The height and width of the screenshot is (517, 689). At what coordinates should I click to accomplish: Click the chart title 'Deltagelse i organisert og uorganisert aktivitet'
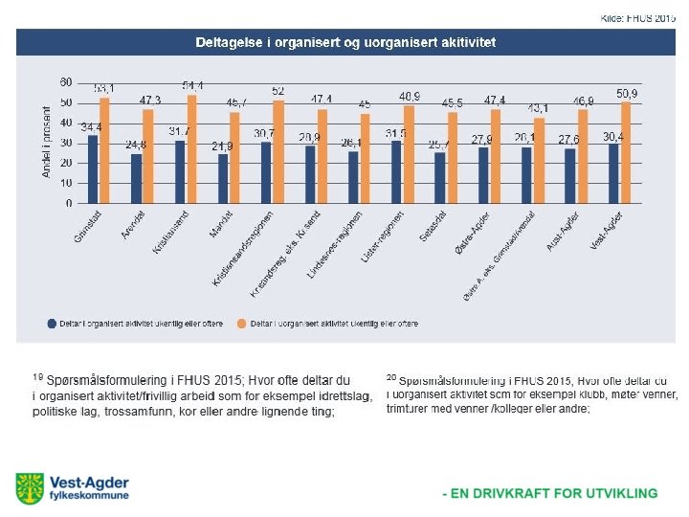345,42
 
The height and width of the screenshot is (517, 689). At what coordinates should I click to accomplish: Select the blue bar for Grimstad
93,169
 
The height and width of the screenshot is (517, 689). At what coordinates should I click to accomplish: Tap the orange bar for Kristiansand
191,149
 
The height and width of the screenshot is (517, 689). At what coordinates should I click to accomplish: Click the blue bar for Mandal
223,179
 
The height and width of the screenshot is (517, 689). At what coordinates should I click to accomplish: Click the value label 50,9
628,92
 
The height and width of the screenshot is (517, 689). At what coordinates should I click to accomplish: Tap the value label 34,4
92,127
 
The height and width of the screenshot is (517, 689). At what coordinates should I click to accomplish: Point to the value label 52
278,90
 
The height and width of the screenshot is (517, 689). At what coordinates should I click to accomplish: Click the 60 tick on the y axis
66,81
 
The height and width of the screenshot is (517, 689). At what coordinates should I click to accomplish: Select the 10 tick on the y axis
66,183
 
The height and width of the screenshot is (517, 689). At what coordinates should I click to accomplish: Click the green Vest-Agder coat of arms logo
29,487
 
